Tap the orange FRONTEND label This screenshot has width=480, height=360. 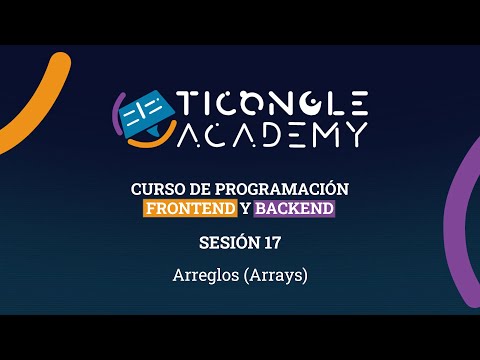(x=190, y=208)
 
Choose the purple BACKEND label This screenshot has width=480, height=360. (x=294, y=208)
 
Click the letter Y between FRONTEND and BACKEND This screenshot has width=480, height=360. (x=245, y=208)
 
